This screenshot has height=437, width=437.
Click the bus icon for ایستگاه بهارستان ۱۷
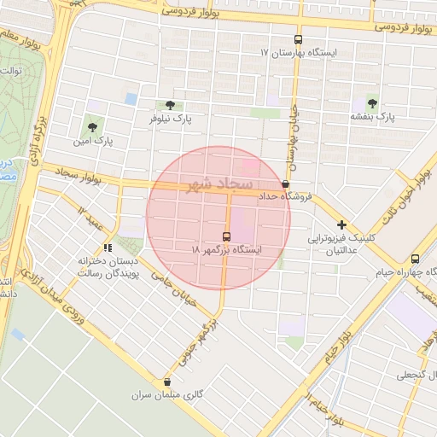(x=298, y=39)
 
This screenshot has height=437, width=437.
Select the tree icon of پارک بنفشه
(x=371, y=101)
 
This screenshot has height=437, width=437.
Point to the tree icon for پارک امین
(x=93, y=125)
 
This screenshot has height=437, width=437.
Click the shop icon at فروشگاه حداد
(x=285, y=184)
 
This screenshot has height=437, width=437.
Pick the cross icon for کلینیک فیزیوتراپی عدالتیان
(x=341, y=224)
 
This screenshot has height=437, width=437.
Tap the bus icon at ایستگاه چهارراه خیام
(x=415, y=259)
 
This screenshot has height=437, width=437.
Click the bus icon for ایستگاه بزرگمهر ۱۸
(x=226, y=236)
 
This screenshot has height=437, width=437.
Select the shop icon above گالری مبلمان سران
(x=166, y=382)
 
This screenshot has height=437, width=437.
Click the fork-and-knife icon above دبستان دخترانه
(x=108, y=248)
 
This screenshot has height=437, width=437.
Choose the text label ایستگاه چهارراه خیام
(x=406, y=272)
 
